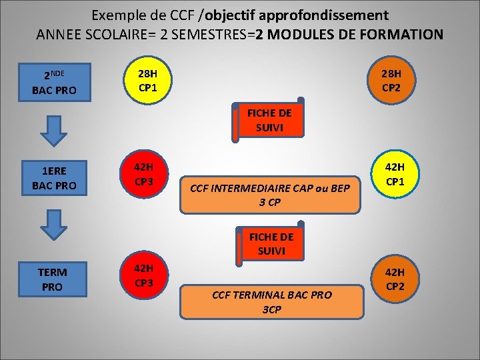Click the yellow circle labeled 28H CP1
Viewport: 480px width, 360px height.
pyautogui.click(x=147, y=80)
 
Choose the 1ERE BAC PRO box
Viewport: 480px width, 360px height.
pyautogui.click(x=54, y=179)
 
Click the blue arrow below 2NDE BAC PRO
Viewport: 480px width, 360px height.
pyautogui.click(x=55, y=131)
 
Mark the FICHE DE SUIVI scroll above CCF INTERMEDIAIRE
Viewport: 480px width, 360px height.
pyautogui.click(x=268, y=120)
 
